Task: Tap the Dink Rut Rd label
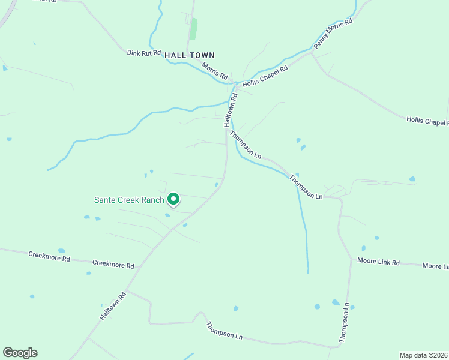(x=145, y=53)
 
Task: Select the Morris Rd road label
(x=215, y=71)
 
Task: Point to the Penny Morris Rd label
(x=333, y=34)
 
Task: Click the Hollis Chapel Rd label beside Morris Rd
(x=265, y=76)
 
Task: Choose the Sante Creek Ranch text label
(x=129, y=200)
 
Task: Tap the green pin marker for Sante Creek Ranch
(x=173, y=198)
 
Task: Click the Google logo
(x=20, y=353)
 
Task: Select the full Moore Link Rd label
(x=378, y=261)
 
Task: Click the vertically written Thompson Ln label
(x=344, y=323)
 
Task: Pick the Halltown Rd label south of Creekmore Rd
(x=113, y=305)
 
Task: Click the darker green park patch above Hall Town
(x=193, y=29)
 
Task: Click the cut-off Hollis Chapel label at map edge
(x=427, y=121)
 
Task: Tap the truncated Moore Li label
(x=435, y=266)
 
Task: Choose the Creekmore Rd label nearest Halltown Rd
(x=113, y=264)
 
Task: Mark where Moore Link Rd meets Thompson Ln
(x=351, y=259)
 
